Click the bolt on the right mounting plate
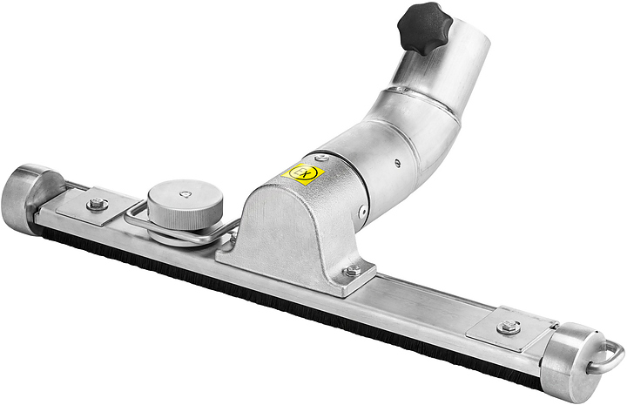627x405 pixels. (509, 327)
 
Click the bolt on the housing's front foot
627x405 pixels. (352, 271)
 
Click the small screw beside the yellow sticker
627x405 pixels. (322, 158)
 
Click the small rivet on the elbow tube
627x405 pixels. (396, 162)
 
